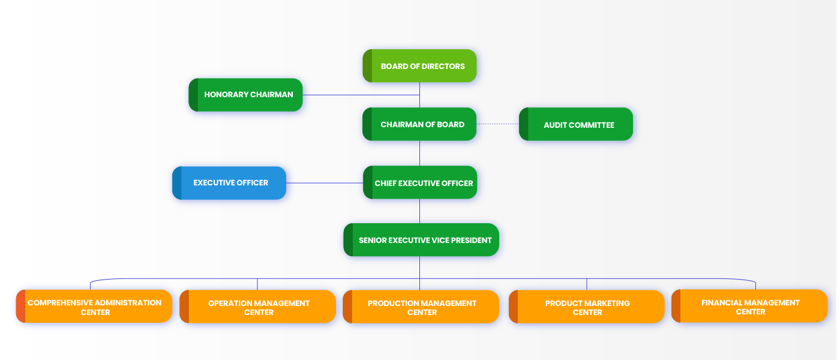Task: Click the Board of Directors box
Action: tap(419, 66)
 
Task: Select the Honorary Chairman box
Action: tap(245, 95)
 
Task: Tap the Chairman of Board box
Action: tap(419, 124)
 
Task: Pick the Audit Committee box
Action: tap(576, 124)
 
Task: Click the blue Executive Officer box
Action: tap(229, 183)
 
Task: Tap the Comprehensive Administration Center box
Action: tap(94, 307)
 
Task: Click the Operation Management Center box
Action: tap(257, 307)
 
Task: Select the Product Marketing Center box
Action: tap(586, 307)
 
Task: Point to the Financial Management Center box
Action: tap(749, 306)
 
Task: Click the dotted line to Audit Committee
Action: tap(498, 124)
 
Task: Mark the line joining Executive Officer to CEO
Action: tap(325, 183)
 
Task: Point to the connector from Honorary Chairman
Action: tap(360, 95)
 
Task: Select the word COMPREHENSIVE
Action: tap(59, 303)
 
